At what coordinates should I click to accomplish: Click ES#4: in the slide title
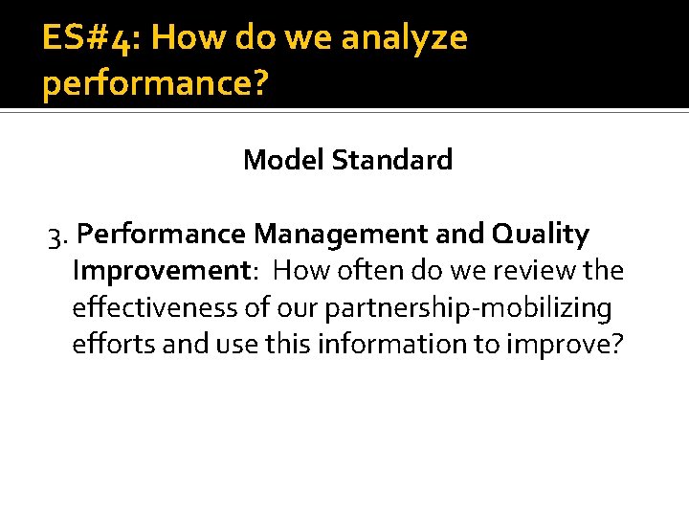(91, 38)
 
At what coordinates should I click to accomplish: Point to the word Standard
(392, 160)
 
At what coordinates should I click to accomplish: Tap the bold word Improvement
(160, 271)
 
